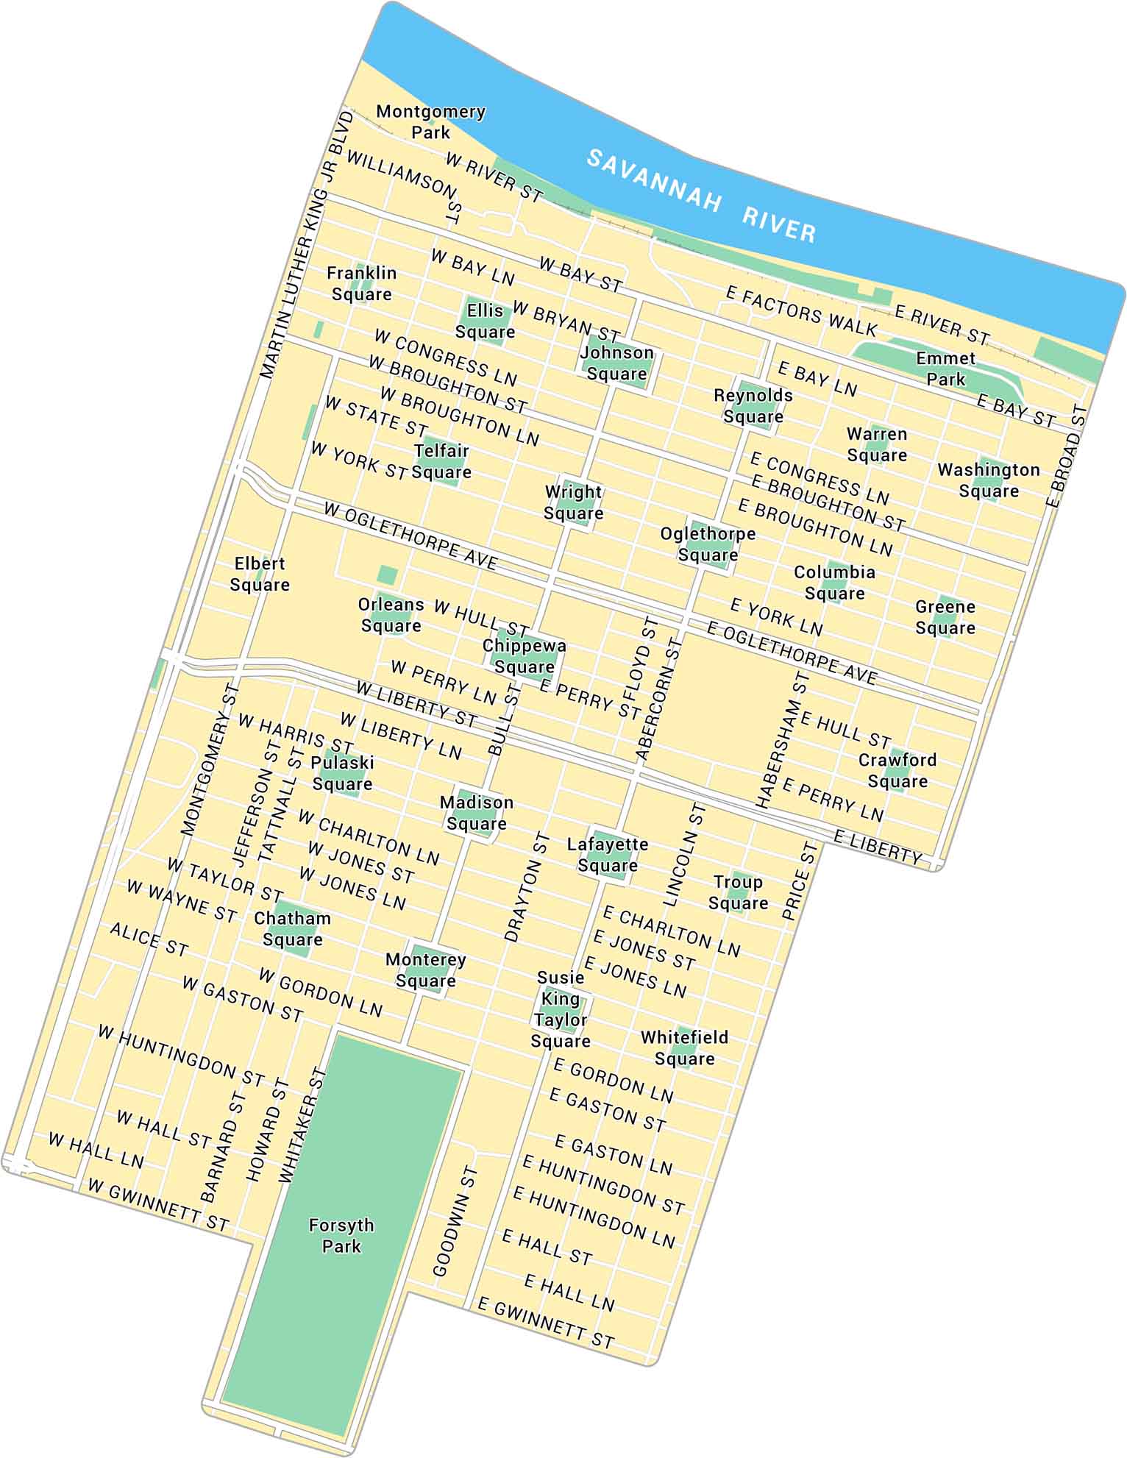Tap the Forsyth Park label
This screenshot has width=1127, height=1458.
coord(341,1235)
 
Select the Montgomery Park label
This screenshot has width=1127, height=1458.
coord(430,122)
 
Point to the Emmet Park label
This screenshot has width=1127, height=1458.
coord(945,369)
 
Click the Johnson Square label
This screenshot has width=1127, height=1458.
coord(616,363)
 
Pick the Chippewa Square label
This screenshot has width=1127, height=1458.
coord(524,656)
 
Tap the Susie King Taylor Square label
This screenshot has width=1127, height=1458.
coord(561,1009)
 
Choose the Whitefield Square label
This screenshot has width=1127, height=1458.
coord(684,1048)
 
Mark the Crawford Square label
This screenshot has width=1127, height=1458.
coord(897,770)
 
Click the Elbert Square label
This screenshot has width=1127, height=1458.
coord(259,574)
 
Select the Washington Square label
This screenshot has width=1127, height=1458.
coord(988,480)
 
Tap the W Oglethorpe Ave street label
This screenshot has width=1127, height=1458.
coord(410,536)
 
